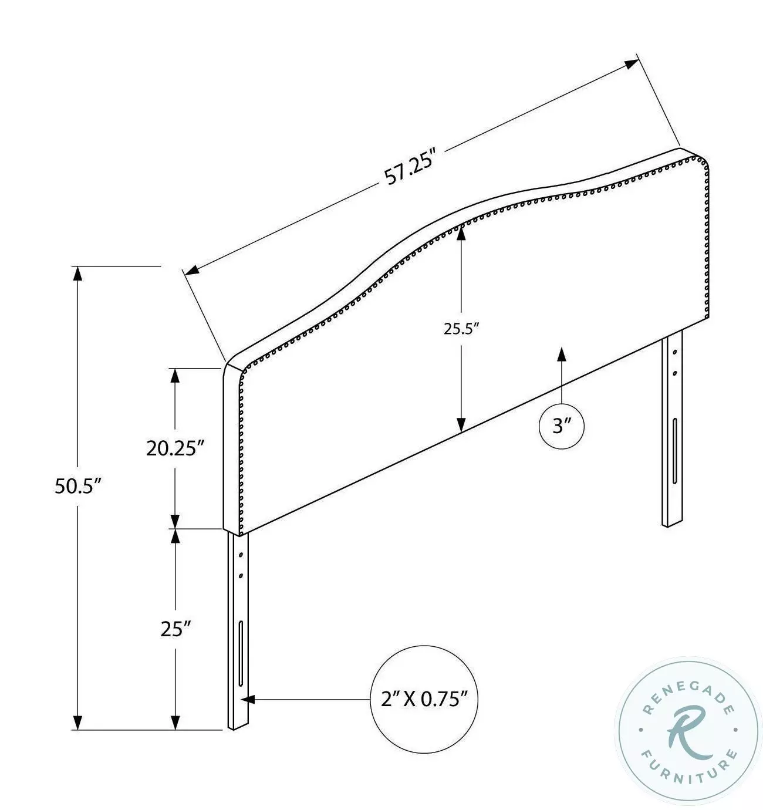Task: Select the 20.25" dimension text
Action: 175,448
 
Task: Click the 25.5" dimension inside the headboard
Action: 462,329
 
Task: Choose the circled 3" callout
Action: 562,426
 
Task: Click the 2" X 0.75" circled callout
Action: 424,699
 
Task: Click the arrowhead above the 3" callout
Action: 562,354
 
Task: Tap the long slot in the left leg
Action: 241,652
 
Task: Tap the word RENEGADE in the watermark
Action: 688,688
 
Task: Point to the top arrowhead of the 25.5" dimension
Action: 461,234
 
